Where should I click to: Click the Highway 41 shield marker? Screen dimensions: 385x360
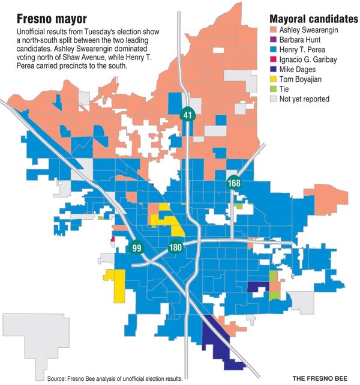(x=188, y=114)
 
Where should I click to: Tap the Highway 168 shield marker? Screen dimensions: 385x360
(x=233, y=183)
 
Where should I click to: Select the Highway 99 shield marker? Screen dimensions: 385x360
(x=136, y=247)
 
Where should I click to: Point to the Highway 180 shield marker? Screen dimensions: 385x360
(x=175, y=246)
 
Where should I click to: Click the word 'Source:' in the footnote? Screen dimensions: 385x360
(x=58, y=378)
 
